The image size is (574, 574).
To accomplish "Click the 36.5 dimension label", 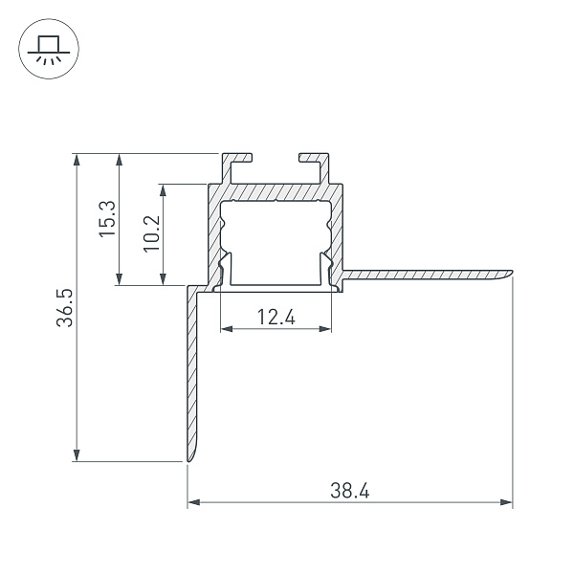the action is click(65, 307).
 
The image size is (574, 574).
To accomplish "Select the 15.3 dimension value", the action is click(107, 218).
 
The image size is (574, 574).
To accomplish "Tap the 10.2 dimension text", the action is click(152, 233).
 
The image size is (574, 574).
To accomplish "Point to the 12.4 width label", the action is click(276, 317).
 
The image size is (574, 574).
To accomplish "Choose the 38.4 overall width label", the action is click(350, 491).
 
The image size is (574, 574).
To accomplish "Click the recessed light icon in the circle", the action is click(49, 49).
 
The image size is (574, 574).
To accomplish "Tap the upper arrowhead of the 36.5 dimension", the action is click(77, 160).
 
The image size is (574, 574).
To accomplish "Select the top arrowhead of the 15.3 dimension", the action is click(119, 160).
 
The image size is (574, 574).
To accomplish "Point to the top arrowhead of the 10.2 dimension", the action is click(164, 190).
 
